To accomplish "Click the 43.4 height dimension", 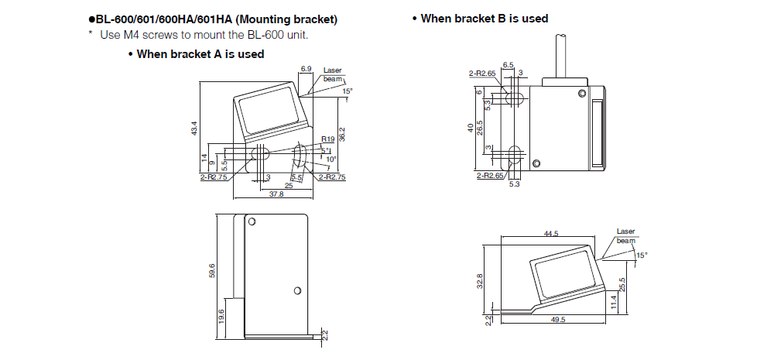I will (x=195, y=127).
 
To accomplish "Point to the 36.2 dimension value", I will (x=342, y=133).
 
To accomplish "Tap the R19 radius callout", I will (x=327, y=140).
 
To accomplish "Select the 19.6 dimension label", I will (x=222, y=317).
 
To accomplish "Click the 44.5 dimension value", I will (x=551, y=233).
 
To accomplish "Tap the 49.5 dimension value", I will (x=559, y=319).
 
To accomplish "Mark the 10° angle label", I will (x=330, y=159).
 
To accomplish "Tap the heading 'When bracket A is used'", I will (x=200, y=53).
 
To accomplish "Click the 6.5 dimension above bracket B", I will (x=508, y=64).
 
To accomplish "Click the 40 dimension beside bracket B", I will (x=470, y=127).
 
